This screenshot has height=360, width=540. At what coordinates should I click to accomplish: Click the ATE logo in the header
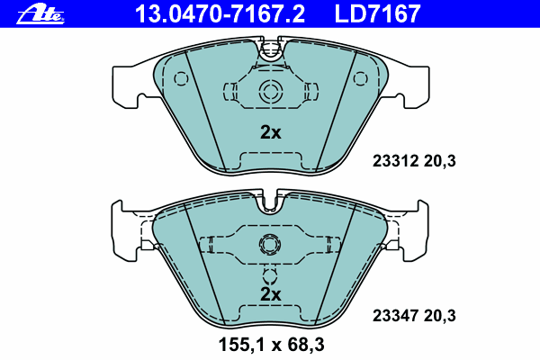40,15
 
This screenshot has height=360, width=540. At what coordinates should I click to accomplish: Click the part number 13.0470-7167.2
220,13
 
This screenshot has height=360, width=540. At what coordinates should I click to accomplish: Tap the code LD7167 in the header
377,13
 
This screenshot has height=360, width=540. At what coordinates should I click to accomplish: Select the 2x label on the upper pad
270,132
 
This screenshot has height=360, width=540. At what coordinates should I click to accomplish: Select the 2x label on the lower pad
270,294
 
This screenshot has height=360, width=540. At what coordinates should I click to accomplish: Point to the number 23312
395,161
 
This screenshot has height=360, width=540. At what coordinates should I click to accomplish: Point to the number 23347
395,316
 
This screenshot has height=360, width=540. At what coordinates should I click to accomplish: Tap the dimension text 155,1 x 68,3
272,345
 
